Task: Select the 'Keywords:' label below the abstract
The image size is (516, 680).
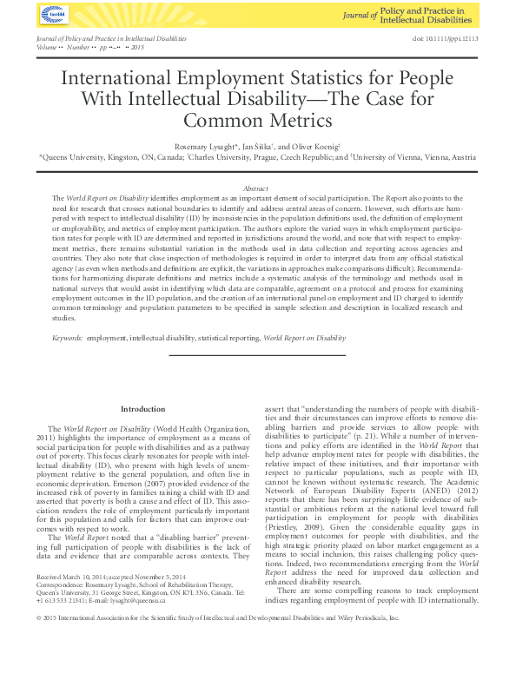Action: click(68, 337)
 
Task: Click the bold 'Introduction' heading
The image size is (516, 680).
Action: click(142, 409)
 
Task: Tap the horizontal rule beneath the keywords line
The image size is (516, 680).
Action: click(256, 354)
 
